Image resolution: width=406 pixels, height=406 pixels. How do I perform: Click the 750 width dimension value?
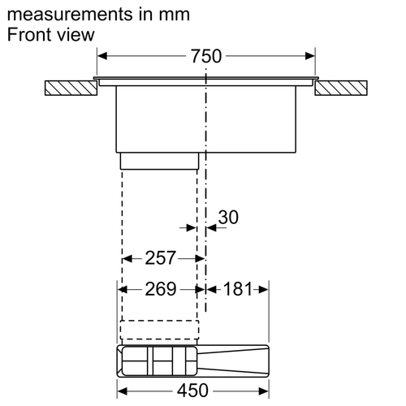coord(206,56)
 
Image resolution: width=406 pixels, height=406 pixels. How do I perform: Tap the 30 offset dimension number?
coord(228,217)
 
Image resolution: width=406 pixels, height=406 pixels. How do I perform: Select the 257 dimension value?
coord(161,258)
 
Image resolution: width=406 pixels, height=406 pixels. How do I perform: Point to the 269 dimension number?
coord(161,289)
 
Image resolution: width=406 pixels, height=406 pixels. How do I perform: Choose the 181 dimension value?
coord(238,289)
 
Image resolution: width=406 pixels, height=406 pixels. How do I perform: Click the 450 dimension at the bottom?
coord(192,391)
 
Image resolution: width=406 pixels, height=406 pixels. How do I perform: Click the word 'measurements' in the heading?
coord(70,15)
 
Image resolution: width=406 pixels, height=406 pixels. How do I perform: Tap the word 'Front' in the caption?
coord(28,35)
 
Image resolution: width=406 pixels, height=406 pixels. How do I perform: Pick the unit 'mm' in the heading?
coord(175,15)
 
